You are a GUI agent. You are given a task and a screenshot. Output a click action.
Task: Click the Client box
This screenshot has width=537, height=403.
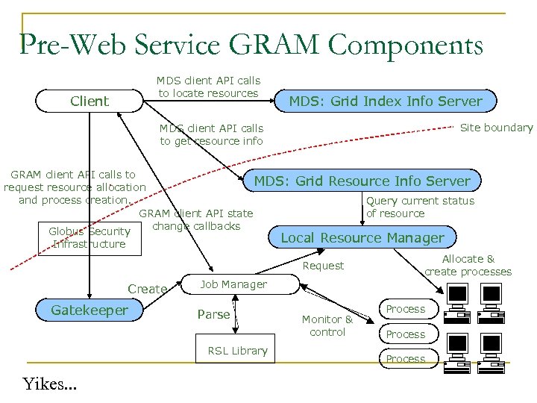click(x=89, y=101)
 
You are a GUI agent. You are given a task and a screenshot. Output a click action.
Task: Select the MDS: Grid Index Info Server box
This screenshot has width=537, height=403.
click(x=386, y=101)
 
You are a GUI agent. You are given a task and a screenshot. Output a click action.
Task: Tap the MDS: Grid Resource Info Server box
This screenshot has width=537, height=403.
click(x=362, y=181)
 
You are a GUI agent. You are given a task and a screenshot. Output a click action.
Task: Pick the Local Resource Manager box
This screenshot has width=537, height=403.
click(x=362, y=237)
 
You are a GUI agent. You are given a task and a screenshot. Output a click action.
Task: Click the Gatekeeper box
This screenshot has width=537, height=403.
click(x=89, y=310)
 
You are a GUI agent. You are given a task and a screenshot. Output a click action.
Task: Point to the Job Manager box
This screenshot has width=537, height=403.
click(x=233, y=284)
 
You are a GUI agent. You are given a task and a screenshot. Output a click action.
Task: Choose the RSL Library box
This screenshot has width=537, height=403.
click(x=237, y=351)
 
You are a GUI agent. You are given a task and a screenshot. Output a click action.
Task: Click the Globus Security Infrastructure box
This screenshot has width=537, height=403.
click(x=89, y=237)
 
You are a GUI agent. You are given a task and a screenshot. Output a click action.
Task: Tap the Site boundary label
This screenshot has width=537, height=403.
click(x=496, y=128)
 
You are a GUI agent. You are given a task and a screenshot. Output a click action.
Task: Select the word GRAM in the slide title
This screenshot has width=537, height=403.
click(x=277, y=46)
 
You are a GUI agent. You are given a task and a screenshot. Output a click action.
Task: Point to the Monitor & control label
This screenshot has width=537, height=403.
click(x=327, y=325)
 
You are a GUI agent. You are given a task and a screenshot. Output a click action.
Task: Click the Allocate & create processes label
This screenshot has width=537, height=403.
click(x=468, y=265)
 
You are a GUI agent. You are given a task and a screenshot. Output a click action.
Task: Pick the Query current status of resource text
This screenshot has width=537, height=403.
click(x=420, y=207)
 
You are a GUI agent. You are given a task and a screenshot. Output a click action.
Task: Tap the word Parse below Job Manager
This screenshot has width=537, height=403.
click(x=213, y=314)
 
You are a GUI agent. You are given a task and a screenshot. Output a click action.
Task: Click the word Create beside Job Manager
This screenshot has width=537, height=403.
click(x=147, y=289)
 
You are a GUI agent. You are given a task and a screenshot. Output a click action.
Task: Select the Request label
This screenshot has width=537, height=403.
click(x=323, y=266)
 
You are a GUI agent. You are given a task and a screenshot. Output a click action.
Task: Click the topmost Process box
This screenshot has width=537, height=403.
click(x=406, y=309)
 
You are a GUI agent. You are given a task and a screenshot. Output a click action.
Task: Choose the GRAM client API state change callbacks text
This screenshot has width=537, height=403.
click(x=196, y=219)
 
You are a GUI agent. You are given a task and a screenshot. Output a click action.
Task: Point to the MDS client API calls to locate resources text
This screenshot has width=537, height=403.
click(x=208, y=87)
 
